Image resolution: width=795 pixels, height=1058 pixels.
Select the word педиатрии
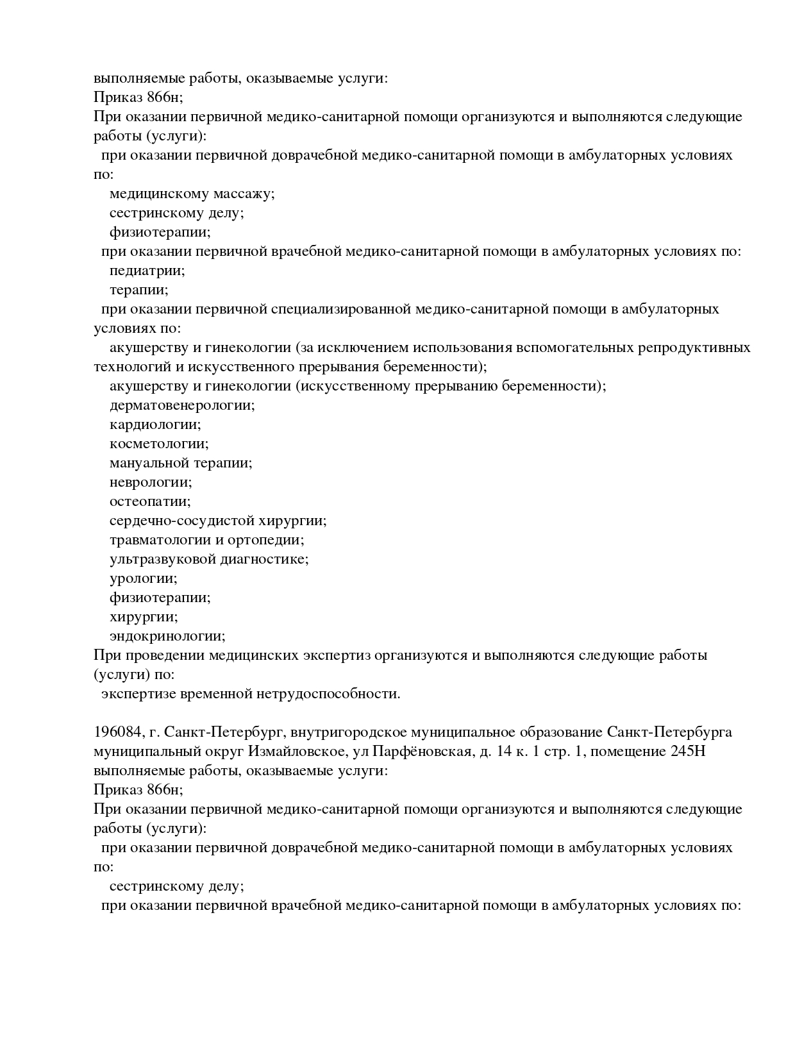147,271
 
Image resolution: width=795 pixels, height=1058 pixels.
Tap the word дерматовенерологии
182,405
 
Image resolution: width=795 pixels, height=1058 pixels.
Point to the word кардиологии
155,424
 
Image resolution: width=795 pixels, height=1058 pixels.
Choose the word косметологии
159,444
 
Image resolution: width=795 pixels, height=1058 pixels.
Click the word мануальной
149,463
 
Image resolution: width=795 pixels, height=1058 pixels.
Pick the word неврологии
151,482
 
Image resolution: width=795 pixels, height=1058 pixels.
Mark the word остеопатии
150,501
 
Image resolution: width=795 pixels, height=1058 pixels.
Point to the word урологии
144,578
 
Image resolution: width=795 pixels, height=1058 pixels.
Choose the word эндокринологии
167,636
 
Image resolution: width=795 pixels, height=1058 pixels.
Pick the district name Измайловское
304,752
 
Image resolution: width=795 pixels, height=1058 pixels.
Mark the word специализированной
340,309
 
